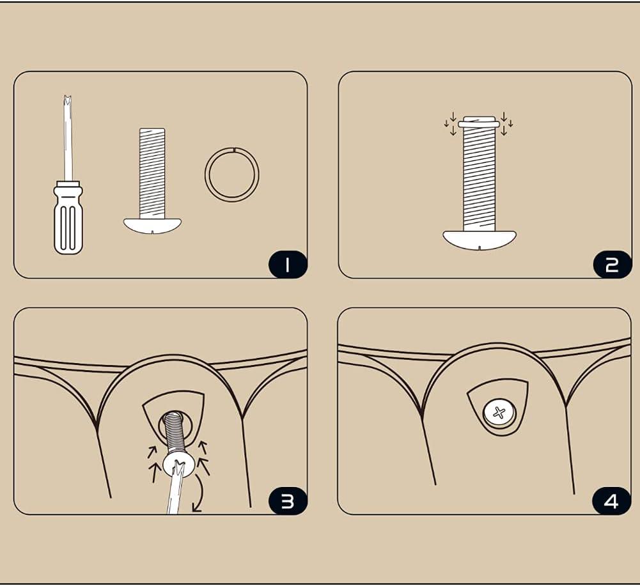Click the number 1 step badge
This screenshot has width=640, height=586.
tap(287, 265)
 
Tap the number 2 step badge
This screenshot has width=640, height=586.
tap(612, 265)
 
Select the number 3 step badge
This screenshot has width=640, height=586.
tap(287, 501)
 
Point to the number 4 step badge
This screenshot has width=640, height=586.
tap(611, 501)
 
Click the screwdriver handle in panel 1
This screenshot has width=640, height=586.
tap(68, 220)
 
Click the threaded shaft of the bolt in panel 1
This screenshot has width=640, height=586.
tap(152, 173)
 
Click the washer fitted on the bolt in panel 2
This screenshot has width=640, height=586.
tap(479, 124)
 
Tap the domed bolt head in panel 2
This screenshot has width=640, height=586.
tap(480, 240)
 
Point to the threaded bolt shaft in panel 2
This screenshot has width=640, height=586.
tap(479, 179)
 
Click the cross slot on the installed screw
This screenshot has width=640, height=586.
tap(499, 413)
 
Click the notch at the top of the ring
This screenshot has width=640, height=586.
tap(234, 150)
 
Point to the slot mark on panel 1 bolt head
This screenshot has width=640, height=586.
tap(153, 232)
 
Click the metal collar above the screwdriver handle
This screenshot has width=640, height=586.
tap(68, 183)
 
